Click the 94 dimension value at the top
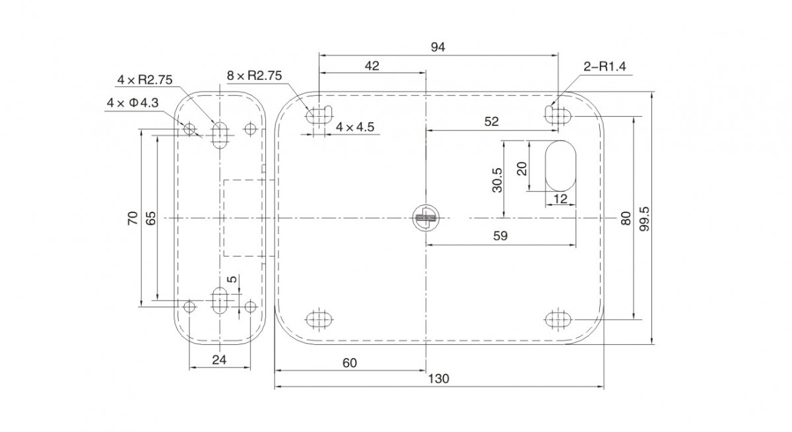(438, 47)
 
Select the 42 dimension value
(372, 66)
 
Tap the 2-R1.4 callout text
(605, 67)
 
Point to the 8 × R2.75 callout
(254, 75)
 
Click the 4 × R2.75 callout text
(145, 80)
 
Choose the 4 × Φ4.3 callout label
(133, 103)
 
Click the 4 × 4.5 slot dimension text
(354, 127)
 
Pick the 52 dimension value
(491, 121)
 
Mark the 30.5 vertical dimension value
(497, 180)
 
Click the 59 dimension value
(500, 235)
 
